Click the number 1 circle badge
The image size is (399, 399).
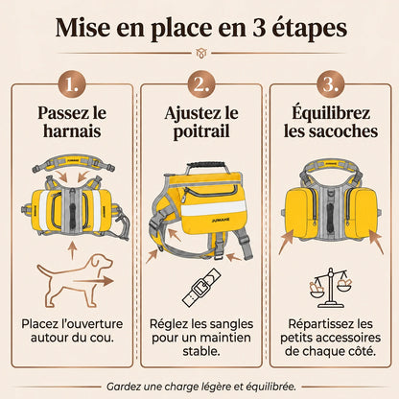[72, 84]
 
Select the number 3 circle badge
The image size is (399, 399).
[331, 84]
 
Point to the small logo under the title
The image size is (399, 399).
[201, 53]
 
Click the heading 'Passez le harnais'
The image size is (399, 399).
[72, 122]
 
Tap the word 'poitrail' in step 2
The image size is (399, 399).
[201, 131]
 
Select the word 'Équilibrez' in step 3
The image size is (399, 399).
[331, 112]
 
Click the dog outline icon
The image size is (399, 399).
[76, 280]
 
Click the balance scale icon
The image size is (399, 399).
[331, 288]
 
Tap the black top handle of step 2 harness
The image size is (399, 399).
[206, 166]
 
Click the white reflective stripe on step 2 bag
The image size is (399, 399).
[214, 207]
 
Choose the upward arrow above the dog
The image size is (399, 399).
[73, 250]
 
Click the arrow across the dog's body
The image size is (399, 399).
[93, 281]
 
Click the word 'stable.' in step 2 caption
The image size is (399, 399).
[201, 351]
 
